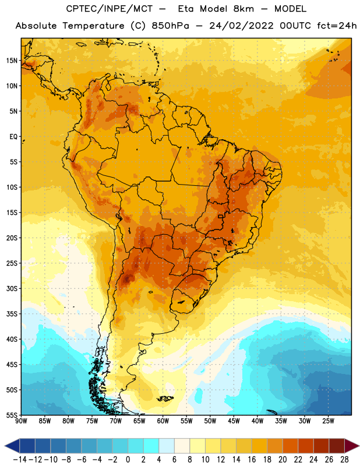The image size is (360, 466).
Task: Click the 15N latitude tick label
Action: [12, 61]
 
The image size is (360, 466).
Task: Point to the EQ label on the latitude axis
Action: [13, 137]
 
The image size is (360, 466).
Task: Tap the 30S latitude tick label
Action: [12, 288]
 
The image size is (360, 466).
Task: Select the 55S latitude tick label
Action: [12, 415]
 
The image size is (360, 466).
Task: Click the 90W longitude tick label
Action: [21, 421]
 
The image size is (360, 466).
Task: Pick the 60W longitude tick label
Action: [163, 421]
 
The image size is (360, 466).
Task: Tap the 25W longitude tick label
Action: [328, 421]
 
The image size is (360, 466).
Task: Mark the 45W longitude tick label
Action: [234, 421]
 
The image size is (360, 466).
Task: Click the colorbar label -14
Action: [20, 460]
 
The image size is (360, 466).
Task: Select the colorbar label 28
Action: [344, 460]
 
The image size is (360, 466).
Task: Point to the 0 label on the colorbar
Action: [128, 460]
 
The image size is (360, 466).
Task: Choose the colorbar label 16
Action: [252, 460]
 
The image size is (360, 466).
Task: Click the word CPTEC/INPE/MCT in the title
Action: [109, 9]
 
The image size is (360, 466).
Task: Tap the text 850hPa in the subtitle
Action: [170, 26]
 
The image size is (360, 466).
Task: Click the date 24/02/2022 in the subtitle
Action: [241, 26]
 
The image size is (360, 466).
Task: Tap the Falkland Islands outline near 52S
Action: [165, 398]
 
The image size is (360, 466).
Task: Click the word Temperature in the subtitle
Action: [93, 26]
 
